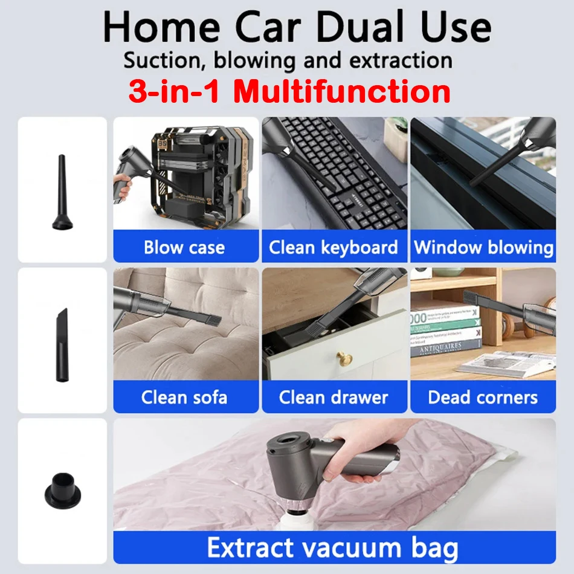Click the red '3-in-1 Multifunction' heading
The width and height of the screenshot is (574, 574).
point(289,91)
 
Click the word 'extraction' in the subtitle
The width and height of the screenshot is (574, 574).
point(401,60)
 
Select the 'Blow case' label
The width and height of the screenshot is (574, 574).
point(184,248)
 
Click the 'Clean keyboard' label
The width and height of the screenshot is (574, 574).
point(333,248)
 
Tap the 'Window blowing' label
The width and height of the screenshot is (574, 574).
point(483,248)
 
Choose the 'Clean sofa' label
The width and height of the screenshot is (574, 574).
point(184,398)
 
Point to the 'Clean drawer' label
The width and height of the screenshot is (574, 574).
point(334,398)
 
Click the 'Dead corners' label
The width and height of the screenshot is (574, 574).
point(483,398)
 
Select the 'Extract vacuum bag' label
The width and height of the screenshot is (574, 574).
point(332,548)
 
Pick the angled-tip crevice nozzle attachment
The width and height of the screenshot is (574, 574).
point(62,345)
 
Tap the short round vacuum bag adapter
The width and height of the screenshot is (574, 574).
point(63,491)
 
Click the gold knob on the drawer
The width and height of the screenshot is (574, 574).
point(344,359)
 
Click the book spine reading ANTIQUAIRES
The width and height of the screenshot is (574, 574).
point(445,347)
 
